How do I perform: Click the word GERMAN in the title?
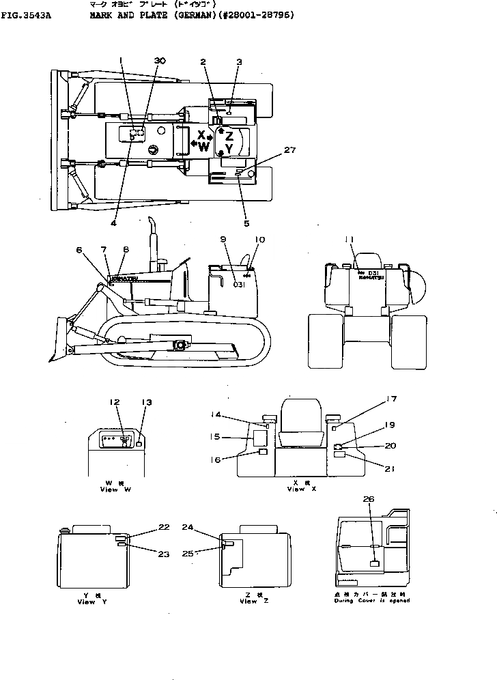(x=193, y=14)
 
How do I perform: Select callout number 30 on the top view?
(x=160, y=61)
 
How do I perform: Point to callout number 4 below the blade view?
(x=114, y=222)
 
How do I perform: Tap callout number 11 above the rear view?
(x=350, y=239)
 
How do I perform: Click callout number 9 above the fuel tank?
(x=223, y=239)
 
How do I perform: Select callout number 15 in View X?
(x=215, y=436)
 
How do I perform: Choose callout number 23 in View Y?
(x=163, y=554)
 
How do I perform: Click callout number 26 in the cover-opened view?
(x=369, y=499)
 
